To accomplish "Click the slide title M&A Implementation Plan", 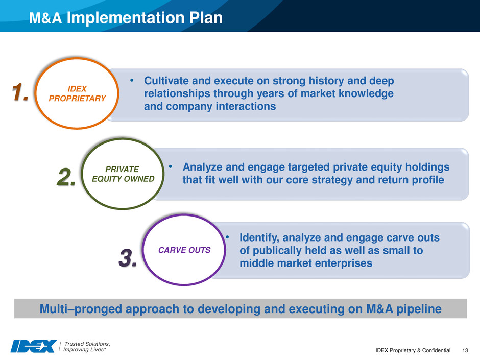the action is [x=126, y=17].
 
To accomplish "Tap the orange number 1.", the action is [x=20, y=92].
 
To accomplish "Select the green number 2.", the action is [x=66, y=177].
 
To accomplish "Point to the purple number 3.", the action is [x=128, y=258].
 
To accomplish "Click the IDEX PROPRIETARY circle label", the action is [x=77, y=93].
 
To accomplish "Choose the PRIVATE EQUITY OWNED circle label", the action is [x=123, y=174].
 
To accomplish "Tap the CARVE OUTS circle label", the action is [x=184, y=250].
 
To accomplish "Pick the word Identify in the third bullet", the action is [x=259, y=238].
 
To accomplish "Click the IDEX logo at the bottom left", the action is [x=34, y=346].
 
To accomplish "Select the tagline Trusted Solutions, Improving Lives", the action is [x=87, y=347].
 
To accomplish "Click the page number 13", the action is [x=465, y=350].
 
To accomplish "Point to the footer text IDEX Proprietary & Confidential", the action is [x=413, y=350].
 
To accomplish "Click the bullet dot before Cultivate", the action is [x=132, y=80].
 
